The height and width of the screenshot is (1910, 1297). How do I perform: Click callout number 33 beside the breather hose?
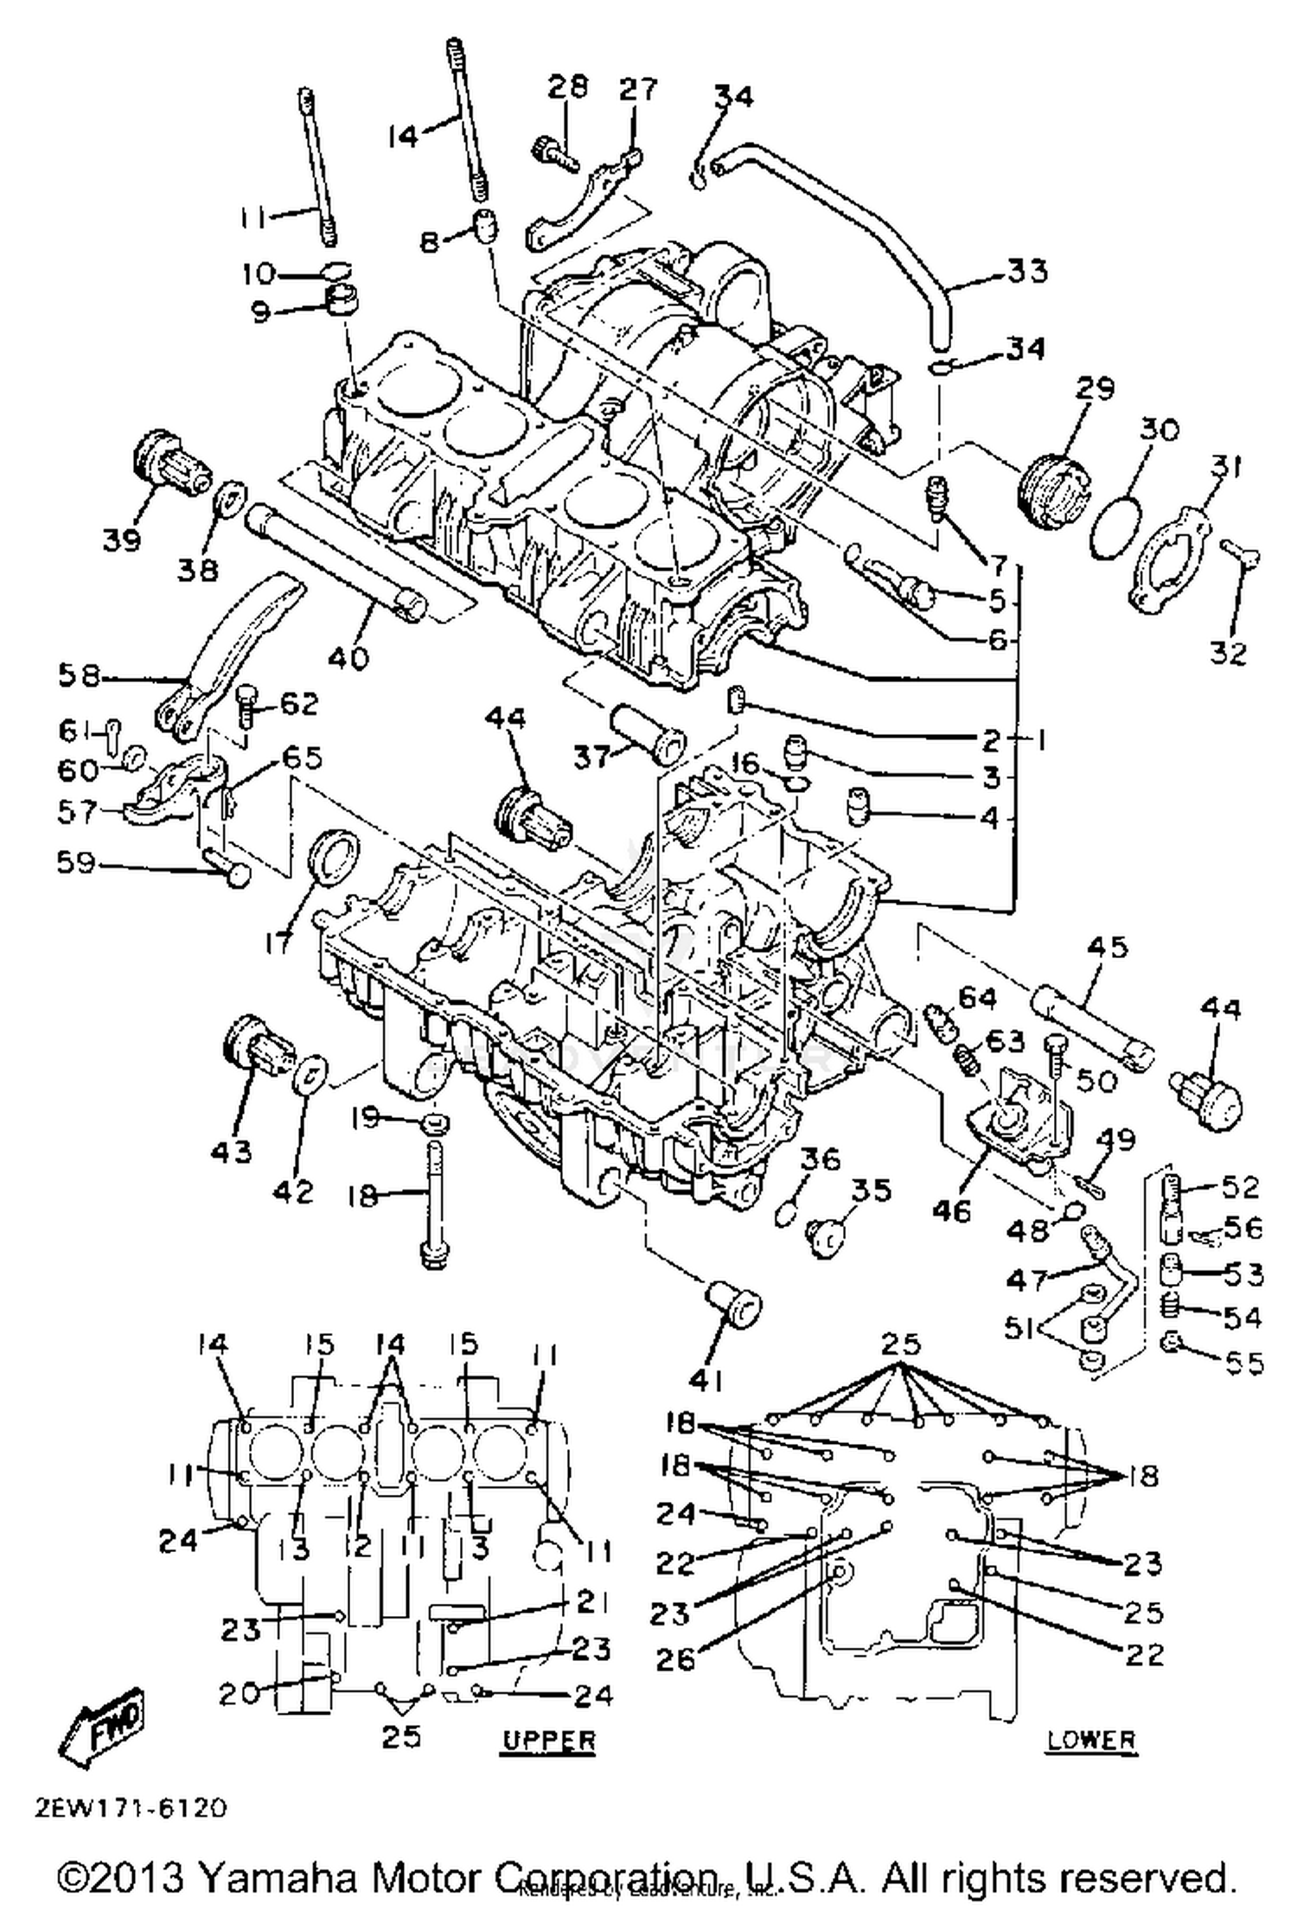coord(1027,271)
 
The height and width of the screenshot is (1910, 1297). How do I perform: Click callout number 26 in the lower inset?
coord(675,1658)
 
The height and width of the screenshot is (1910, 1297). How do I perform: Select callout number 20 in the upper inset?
coord(238,1692)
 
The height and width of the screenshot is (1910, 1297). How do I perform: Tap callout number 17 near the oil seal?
coord(278,942)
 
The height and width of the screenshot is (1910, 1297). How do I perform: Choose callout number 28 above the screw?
coord(567,86)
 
